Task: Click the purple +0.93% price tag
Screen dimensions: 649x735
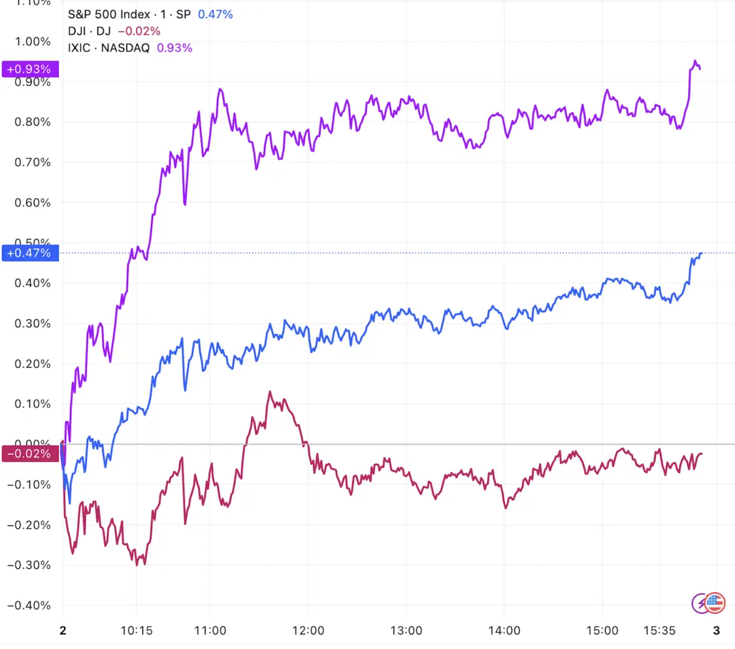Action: click(x=31, y=69)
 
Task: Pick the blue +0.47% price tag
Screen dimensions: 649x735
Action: click(x=31, y=253)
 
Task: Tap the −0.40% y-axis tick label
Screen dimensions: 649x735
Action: click(x=29, y=605)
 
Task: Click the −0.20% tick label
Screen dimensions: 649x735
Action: click(x=29, y=525)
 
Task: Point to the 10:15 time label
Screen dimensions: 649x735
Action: click(x=136, y=631)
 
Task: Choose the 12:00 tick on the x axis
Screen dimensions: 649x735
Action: click(x=308, y=631)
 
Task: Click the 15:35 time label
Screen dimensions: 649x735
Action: click(x=659, y=631)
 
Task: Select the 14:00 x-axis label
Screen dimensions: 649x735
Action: click(x=504, y=631)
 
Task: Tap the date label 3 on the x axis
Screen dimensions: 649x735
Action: click(x=716, y=631)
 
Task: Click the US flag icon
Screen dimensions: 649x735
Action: click(x=715, y=603)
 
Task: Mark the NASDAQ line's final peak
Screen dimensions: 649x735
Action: click(x=694, y=61)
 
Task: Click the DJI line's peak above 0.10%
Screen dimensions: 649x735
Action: click(x=269, y=392)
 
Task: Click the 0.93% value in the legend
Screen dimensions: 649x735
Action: click(x=174, y=47)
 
